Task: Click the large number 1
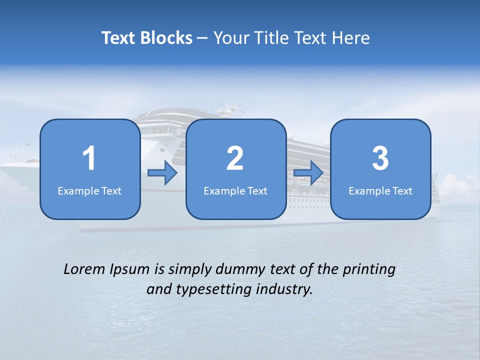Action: [x=89, y=158]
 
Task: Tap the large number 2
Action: [x=235, y=158]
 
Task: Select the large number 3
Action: [x=380, y=158]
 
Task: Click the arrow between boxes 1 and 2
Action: [x=162, y=173]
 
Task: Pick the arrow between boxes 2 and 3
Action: [x=308, y=173]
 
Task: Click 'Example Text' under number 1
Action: [x=89, y=190]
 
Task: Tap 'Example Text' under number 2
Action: [x=235, y=190]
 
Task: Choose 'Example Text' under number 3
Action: [x=380, y=190]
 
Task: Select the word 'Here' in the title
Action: [x=351, y=38]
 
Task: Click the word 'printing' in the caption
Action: [x=369, y=270]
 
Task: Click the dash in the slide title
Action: [x=203, y=38]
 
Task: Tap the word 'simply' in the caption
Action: [x=190, y=270]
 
